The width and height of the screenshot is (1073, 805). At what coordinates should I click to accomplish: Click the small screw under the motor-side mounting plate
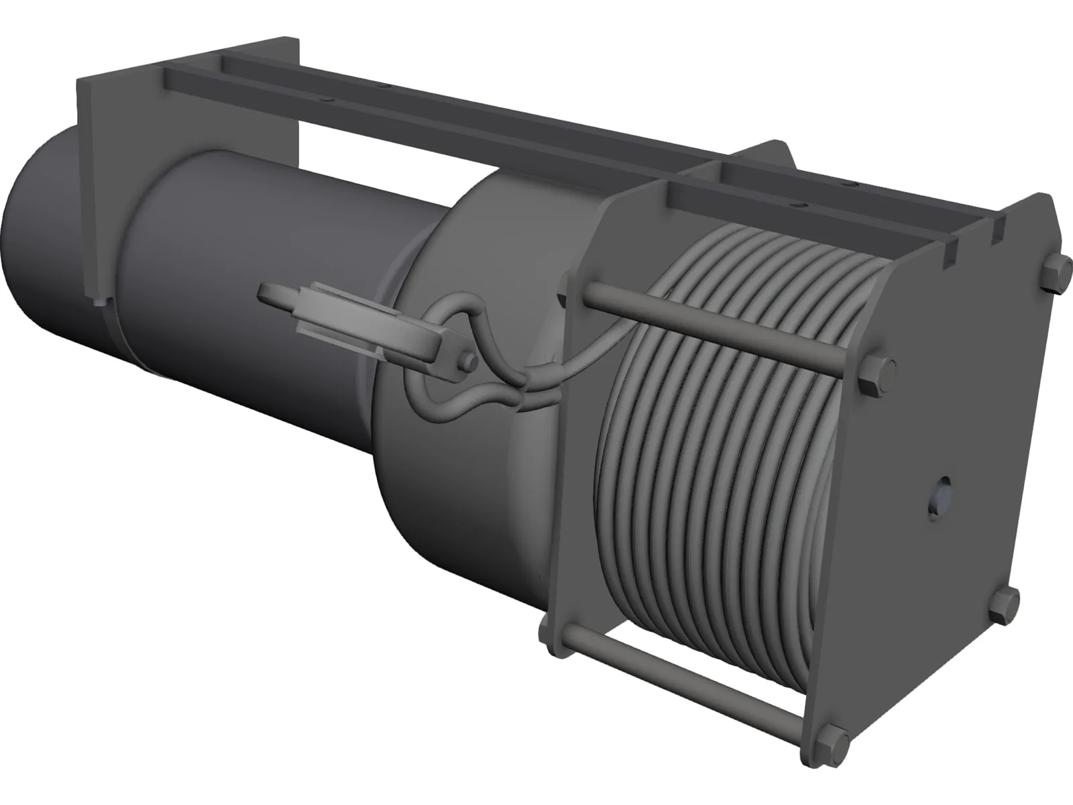click(101, 303)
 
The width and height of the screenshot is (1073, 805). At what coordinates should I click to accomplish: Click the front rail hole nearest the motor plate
click(325, 99)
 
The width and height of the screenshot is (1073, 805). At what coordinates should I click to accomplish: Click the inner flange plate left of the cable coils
click(577, 470)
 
